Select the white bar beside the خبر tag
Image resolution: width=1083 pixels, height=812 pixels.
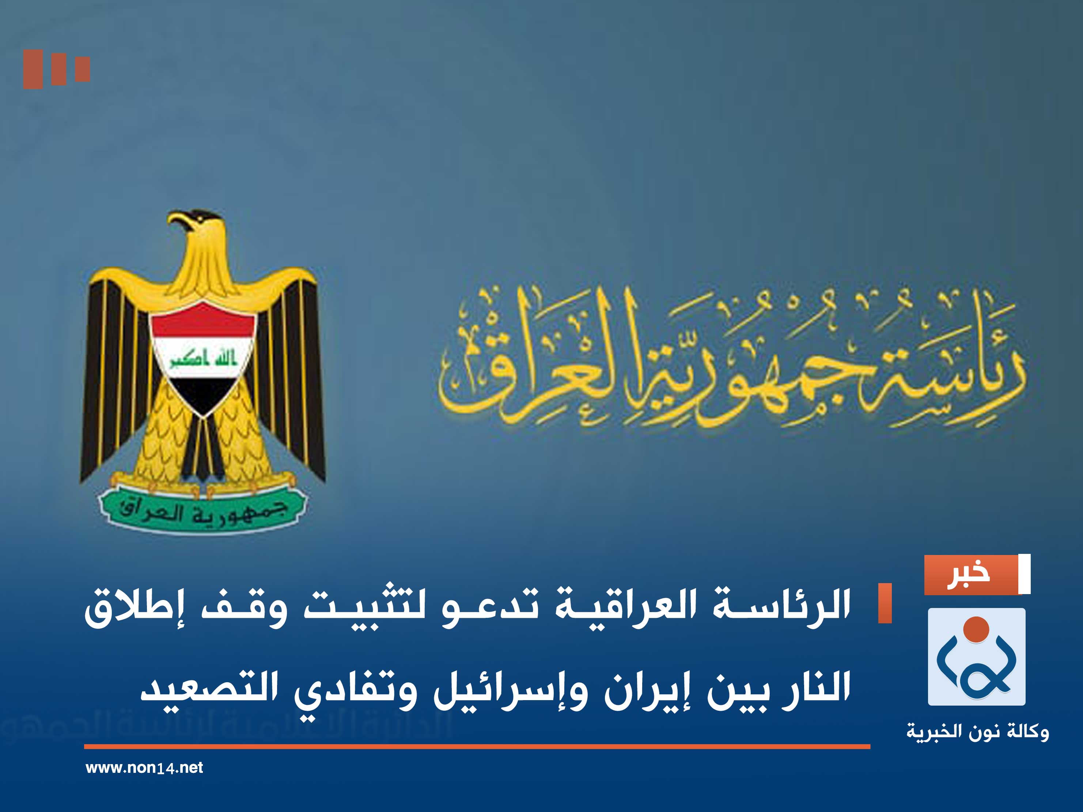click(1024, 574)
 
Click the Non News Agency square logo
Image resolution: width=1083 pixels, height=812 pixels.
click(976, 656)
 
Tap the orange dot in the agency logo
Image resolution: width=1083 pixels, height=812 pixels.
click(976, 629)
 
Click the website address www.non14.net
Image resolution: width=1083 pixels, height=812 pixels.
click(144, 768)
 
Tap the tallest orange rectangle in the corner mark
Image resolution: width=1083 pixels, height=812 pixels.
click(33, 69)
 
